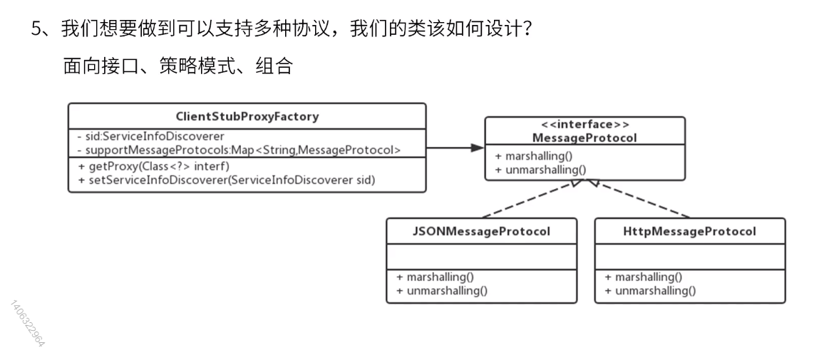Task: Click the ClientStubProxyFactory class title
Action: point(247,116)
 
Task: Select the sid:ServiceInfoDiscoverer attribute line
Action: point(151,137)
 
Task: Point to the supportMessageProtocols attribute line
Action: point(239,150)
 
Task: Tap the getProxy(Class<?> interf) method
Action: point(154,167)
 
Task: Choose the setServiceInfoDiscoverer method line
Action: point(227,180)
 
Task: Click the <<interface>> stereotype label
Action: point(585,125)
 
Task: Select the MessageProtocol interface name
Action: point(585,138)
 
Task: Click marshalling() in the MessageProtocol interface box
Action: point(533,156)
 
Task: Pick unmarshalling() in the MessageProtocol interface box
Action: point(540,169)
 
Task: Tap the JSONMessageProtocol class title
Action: point(481,231)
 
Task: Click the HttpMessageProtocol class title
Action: point(689,231)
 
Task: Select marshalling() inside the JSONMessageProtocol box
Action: point(435,277)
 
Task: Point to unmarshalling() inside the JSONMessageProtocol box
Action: point(442,291)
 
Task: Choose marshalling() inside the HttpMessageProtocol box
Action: point(643,277)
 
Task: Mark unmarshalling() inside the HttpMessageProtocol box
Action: point(650,291)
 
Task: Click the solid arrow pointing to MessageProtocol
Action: point(455,148)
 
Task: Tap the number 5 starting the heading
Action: point(36,29)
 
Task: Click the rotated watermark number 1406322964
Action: point(28,323)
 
